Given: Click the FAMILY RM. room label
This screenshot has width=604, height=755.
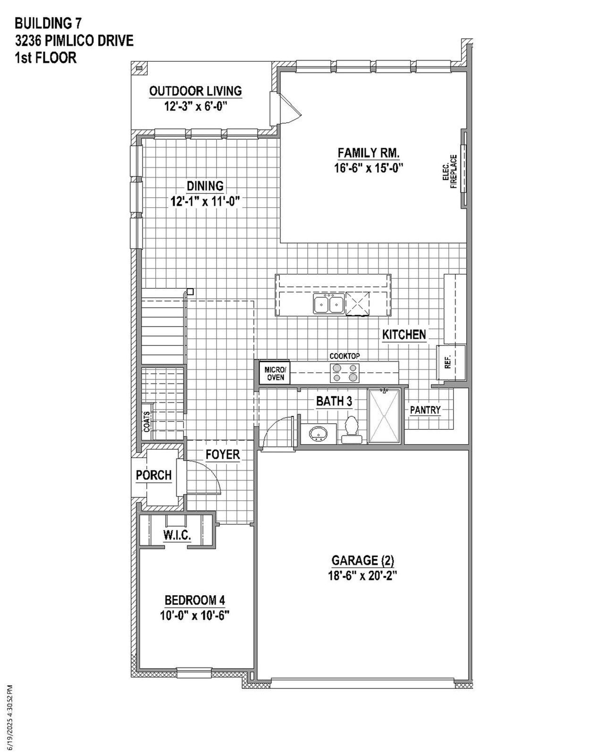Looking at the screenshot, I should (x=369, y=153).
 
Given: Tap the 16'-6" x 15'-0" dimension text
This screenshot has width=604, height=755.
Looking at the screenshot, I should (x=369, y=168).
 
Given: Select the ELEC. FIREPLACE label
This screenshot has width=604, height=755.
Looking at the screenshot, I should (x=450, y=172).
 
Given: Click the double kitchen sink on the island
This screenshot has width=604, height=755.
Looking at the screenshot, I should (x=328, y=303).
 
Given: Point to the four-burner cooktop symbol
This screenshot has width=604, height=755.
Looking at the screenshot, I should (x=344, y=372).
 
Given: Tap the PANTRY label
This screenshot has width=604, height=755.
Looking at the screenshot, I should (x=425, y=410).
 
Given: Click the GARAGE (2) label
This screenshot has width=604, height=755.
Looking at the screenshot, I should (x=362, y=561).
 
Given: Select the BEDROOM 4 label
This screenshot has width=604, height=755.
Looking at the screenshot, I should (x=194, y=600).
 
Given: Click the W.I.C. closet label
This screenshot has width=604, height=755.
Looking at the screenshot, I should (x=177, y=535).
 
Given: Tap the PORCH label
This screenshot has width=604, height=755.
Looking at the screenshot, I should (x=154, y=475).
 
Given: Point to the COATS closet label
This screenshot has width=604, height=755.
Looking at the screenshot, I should (x=147, y=421).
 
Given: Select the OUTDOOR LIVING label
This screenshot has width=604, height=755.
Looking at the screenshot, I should (x=195, y=91).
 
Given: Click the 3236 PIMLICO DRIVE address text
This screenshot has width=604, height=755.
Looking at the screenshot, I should (x=74, y=41).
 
